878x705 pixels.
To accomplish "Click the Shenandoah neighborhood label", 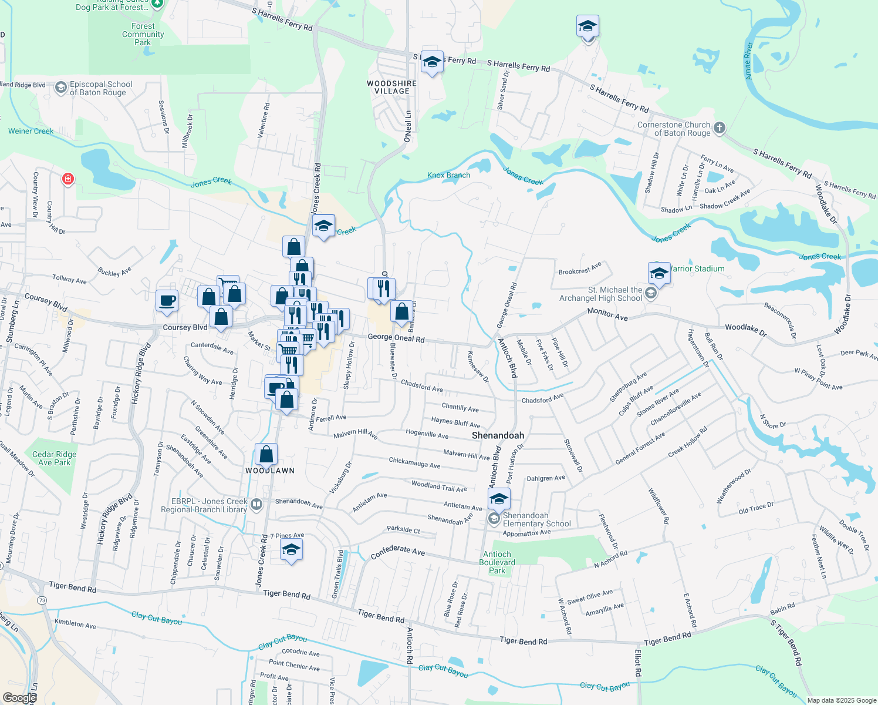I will pos(498,435).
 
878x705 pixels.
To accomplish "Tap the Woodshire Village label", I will pos(391,88).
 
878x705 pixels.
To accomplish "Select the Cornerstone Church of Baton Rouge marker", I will pos(720,128).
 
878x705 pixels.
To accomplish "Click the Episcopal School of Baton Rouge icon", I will pos(60,88).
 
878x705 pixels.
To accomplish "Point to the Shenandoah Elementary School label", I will pos(536,519).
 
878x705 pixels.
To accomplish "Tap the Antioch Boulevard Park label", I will pos(497,562).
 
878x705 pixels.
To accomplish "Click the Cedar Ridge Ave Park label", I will pos(54,458).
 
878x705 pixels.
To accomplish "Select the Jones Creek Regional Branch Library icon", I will pos(256,505).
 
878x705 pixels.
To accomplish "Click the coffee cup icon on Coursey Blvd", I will pos(167,300).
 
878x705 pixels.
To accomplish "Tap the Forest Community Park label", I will pos(143,34).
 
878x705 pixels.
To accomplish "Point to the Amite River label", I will pos(748,61).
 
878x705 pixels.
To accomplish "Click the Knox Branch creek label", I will pos(448,175).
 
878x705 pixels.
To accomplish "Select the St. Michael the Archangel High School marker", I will pos(650,293).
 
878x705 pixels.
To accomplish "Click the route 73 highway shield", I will pos(41,600).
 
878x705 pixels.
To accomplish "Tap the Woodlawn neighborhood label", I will pos(270,471).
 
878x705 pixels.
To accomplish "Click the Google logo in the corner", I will pos(19,697).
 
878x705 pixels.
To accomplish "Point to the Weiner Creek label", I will pos(31,131).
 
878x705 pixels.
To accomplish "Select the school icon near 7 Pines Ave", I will pos(291,550).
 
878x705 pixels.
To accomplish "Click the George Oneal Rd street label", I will pos(396,338).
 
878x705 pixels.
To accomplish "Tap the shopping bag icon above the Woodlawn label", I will pos(266,454).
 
